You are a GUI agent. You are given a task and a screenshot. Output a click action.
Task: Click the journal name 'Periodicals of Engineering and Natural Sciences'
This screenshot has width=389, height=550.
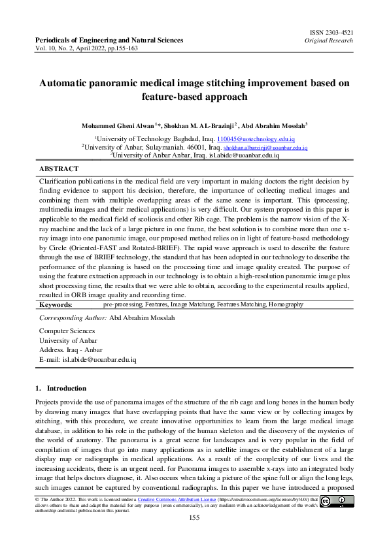[109, 40]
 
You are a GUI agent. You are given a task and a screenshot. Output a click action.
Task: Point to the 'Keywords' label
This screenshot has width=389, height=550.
[56, 304]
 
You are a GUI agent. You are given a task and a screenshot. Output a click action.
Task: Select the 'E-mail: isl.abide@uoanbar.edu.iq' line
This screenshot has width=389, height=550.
[88, 359]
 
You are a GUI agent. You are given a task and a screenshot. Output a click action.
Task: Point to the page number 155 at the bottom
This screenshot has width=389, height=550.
[194, 518]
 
